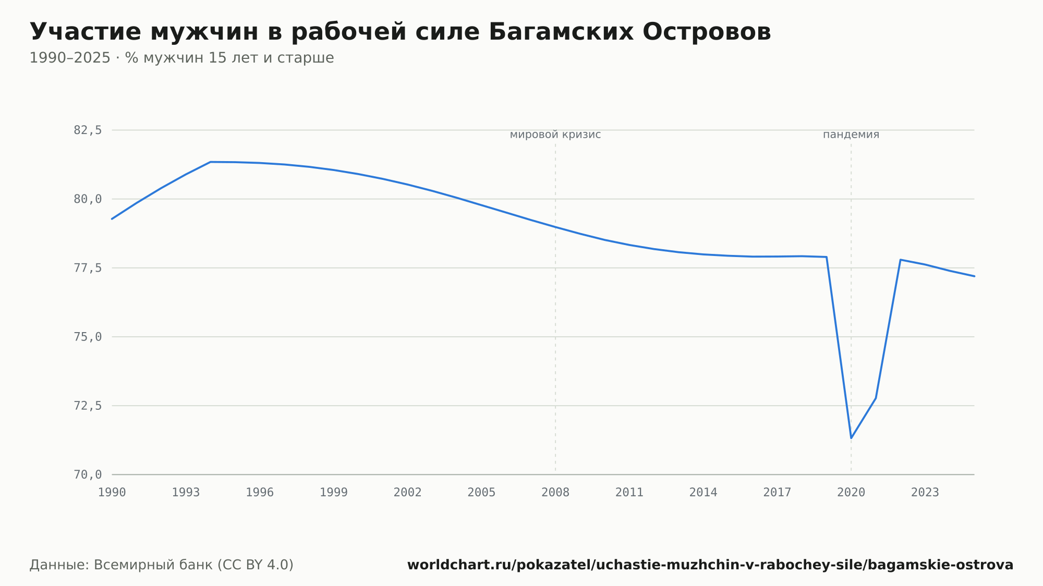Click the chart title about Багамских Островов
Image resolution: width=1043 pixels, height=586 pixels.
400,32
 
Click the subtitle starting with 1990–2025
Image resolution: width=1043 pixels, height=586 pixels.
181,58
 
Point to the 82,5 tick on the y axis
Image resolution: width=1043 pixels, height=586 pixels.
88,130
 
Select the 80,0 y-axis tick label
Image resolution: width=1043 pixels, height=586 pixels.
88,199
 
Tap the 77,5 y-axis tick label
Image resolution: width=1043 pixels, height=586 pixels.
88,268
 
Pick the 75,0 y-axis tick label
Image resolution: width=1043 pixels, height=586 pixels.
88,337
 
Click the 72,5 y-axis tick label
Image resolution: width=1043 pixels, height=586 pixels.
88,406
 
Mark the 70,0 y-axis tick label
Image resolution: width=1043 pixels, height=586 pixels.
88,474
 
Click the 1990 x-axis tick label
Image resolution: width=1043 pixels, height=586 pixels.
112,493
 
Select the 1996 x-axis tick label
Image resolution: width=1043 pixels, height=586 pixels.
260,493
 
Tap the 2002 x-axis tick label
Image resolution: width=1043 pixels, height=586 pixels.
408,493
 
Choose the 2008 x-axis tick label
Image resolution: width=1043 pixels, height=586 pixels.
555,493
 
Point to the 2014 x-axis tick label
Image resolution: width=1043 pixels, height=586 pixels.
704,493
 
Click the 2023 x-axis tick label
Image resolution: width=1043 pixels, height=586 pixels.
925,493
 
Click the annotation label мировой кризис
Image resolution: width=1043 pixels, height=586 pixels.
555,135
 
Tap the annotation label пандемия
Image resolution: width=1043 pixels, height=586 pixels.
851,135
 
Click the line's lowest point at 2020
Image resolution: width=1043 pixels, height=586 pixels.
851,438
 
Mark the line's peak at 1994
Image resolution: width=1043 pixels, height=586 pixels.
210,162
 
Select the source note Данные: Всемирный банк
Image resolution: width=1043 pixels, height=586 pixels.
162,565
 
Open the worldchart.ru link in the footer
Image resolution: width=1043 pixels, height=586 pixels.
710,565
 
